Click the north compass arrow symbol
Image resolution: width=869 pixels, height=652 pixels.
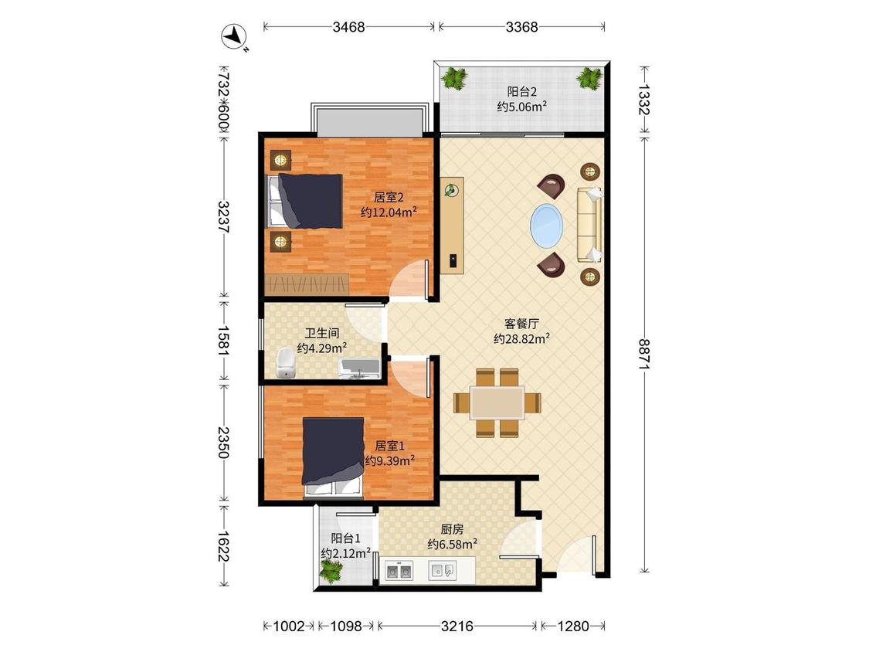[x=235, y=37]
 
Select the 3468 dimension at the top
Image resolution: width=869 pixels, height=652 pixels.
[x=348, y=26]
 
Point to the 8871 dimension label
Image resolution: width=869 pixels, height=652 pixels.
[x=644, y=355]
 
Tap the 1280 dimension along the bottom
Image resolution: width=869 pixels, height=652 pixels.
[x=572, y=626]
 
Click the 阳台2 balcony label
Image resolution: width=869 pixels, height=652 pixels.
[x=522, y=91]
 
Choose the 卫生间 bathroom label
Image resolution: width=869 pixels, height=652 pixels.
[x=322, y=333]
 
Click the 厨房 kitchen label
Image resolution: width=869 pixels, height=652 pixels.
[x=452, y=529]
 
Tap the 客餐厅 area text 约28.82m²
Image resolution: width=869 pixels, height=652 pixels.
[x=521, y=338]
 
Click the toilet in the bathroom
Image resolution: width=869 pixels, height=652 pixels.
[x=286, y=362]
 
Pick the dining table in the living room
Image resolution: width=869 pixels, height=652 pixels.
[x=497, y=403]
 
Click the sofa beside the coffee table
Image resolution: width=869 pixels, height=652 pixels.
[x=589, y=225]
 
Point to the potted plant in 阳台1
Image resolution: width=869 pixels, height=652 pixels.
[x=331, y=571]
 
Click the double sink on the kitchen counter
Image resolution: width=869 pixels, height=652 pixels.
[x=399, y=570]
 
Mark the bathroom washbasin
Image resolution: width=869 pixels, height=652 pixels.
[x=359, y=368]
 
